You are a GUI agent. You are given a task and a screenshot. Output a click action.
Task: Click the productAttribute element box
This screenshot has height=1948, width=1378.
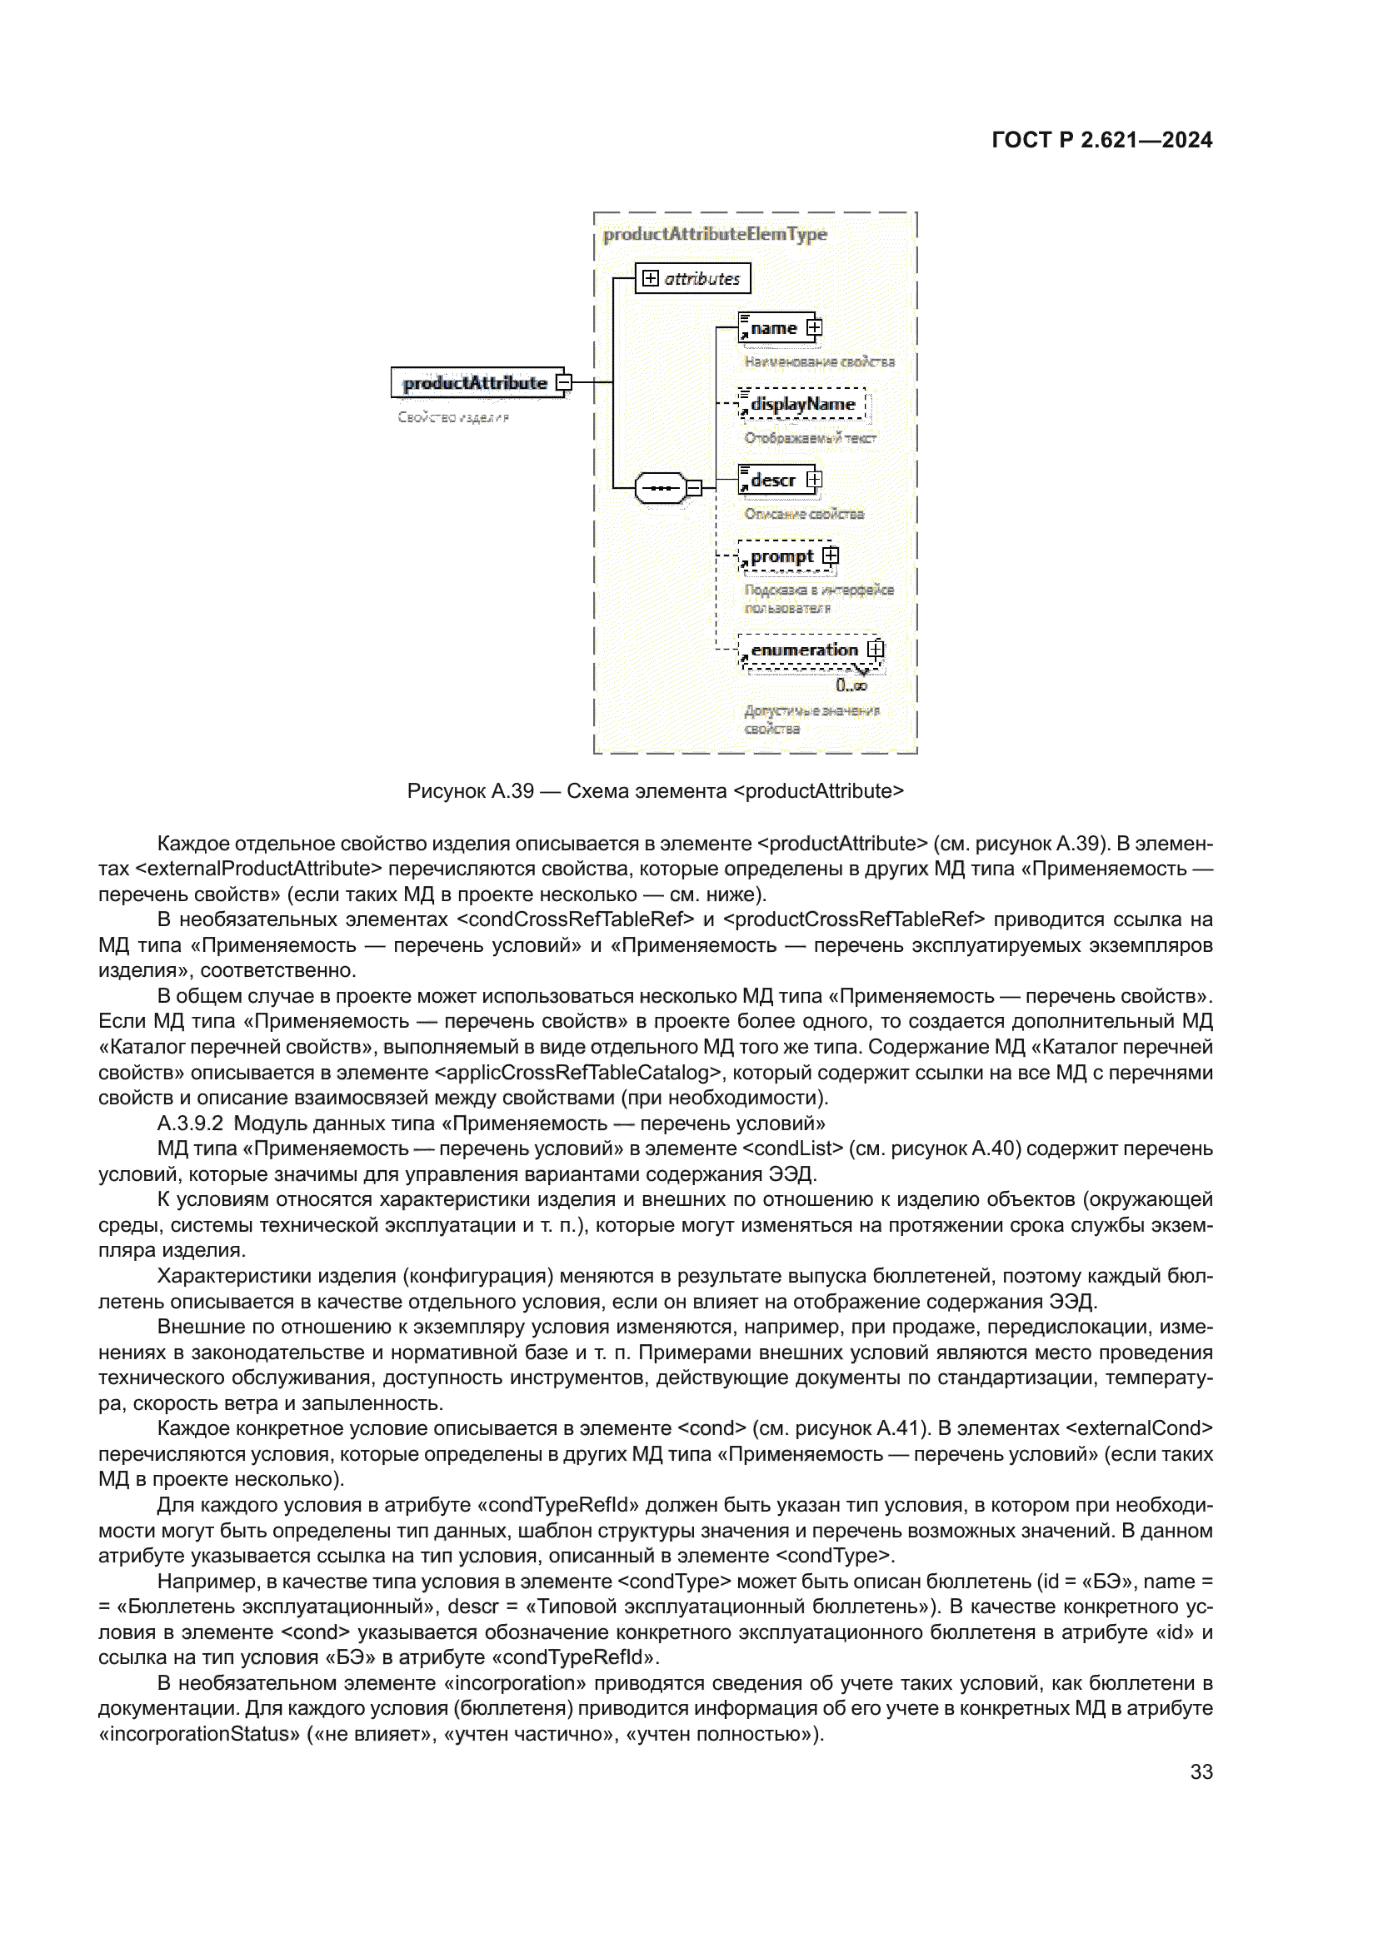475,382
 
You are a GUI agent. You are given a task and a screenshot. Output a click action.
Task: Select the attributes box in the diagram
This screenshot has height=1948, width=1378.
692,278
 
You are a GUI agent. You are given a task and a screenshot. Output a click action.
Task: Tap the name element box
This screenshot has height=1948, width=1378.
773,328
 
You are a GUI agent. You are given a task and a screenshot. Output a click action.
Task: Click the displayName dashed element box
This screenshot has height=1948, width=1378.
801,404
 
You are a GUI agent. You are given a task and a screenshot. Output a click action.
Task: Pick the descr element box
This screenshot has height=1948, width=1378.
773,481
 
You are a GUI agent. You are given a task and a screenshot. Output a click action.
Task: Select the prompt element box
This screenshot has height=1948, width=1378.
781,556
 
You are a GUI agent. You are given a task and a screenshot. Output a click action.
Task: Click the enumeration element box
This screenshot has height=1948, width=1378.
805,650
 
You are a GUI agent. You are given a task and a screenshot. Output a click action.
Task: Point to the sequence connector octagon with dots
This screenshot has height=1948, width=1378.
660,488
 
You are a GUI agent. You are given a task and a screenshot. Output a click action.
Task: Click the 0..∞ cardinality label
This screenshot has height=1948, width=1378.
851,685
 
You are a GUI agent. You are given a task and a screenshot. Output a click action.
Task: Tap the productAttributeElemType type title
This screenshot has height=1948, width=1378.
715,234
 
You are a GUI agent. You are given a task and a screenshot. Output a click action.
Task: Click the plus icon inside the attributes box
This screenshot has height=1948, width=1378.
651,278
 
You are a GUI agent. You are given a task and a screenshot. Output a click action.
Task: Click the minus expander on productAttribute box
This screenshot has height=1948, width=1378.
563,382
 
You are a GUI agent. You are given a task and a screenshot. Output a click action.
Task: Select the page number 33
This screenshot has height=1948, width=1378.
1201,1771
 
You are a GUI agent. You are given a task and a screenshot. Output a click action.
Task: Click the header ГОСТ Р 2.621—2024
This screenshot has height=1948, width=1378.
1101,140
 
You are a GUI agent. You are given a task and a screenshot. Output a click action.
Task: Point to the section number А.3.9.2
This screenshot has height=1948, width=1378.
190,1123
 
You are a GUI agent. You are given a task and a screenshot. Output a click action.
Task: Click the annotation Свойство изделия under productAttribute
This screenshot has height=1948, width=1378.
453,417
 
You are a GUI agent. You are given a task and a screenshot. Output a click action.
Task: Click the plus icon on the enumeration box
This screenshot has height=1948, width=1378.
876,650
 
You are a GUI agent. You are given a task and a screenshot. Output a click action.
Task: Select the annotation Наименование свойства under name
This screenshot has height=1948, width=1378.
819,362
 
